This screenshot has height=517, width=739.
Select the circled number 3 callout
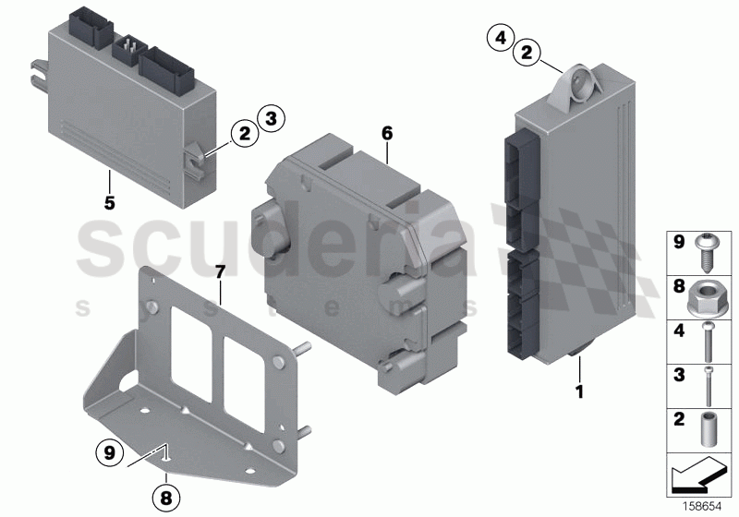pyautogui.click(x=271, y=117)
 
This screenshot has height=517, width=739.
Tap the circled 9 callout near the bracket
pyautogui.click(x=109, y=452)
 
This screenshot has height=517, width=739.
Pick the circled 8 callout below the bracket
pyautogui.click(x=166, y=499)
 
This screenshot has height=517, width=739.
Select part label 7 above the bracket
pyautogui.click(x=220, y=272)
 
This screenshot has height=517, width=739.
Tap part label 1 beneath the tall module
pyautogui.click(x=580, y=391)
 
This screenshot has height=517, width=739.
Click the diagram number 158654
pyautogui.click(x=702, y=506)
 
